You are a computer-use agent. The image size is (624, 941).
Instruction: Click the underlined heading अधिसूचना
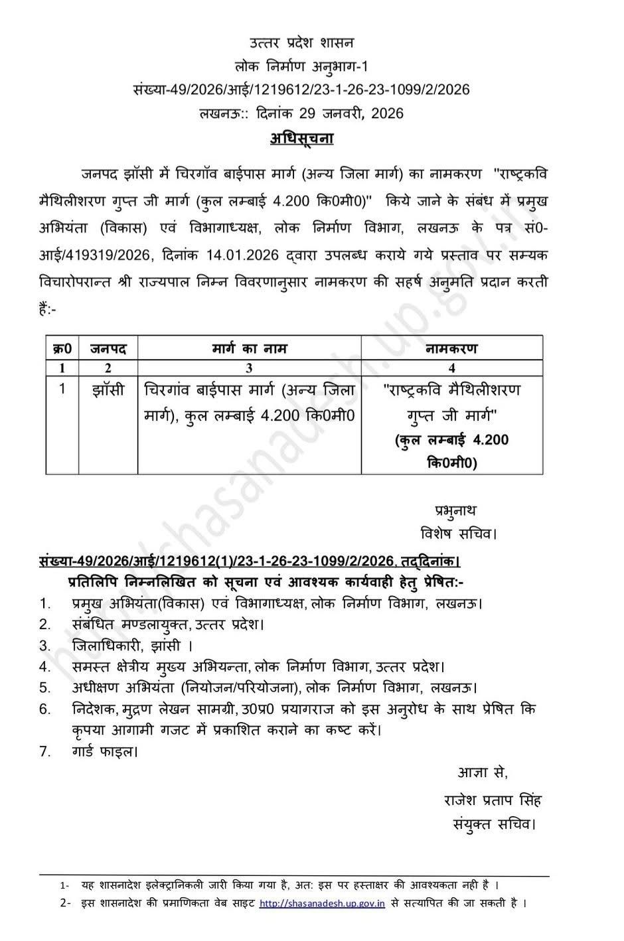[x=301, y=139]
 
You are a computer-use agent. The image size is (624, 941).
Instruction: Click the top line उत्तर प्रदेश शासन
[x=302, y=43]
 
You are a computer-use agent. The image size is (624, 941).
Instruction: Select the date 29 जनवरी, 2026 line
[x=301, y=113]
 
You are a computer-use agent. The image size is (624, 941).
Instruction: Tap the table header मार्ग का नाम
[x=250, y=348]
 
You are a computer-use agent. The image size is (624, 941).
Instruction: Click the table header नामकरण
[x=451, y=348]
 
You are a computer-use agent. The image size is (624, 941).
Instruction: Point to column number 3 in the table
[x=250, y=368]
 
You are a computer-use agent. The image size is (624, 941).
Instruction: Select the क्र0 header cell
[x=62, y=348]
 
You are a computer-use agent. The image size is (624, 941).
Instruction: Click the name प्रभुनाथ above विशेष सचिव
[x=456, y=510]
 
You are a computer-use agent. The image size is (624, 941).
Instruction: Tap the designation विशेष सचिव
[x=458, y=533]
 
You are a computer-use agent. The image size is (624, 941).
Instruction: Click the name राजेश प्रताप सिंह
[x=493, y=800]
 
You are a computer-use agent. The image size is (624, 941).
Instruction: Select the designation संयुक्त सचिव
[x=493, y=824]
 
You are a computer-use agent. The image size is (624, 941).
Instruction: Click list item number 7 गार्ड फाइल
[x=105, y=752]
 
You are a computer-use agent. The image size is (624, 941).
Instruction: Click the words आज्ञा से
[x=483, y=772]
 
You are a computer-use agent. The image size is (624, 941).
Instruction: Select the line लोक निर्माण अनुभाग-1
[x=301, y=66]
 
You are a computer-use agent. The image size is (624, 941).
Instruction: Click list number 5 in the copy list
[x=45, y=688]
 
